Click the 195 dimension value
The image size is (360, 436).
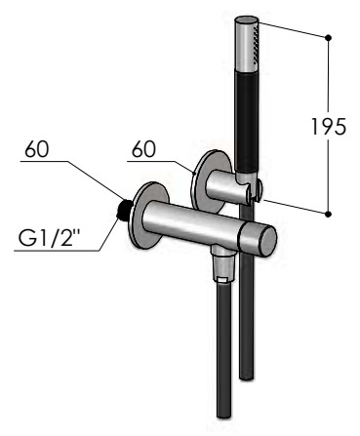point(329,127)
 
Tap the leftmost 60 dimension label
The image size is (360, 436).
point(37,149)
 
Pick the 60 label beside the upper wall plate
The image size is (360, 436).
point(143,149)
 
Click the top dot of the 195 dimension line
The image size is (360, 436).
point(328,38)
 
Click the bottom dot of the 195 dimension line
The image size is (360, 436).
point(328,214)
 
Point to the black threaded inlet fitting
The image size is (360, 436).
point(124,211)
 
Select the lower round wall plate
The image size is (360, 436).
point(151,215)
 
